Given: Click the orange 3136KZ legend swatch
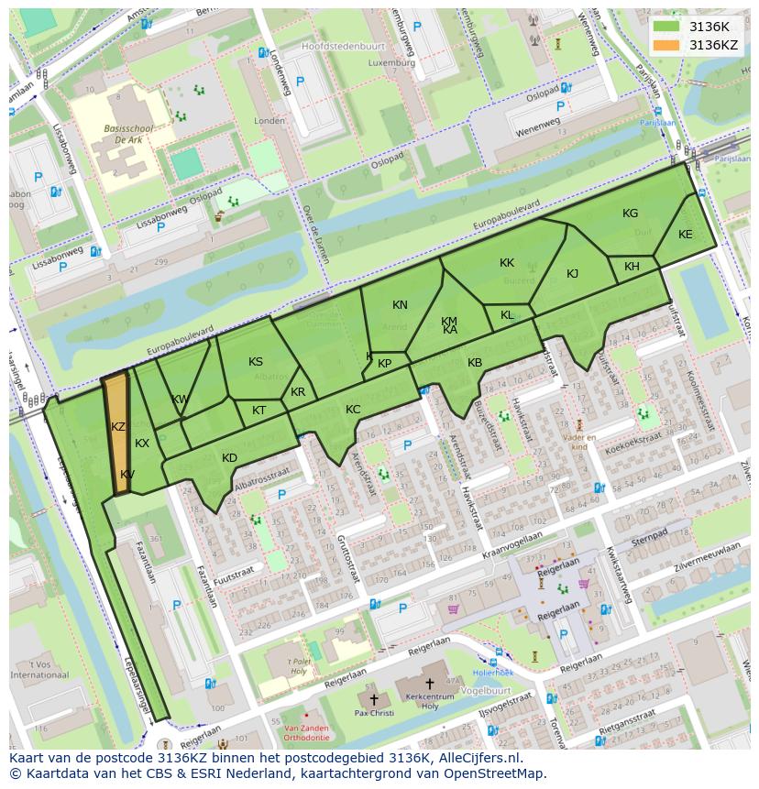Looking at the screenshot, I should coord(666,45).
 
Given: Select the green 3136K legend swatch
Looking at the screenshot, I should coord(666,27).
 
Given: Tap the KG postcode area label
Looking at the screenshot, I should coord(630,214).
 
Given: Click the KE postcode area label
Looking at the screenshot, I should coord(685,235).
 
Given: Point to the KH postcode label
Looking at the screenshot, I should coord(632,267).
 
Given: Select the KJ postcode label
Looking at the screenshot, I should coord(572,274).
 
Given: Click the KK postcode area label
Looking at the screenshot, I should coord(507,263).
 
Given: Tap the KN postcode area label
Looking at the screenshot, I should coord(400,305).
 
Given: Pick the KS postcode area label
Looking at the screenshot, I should coord(256,362).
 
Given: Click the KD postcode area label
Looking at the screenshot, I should coord(229,458).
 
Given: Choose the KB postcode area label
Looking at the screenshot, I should coord(475,363).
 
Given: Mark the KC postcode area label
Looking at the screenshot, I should coord(353,410).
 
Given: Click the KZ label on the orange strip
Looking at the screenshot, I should coord(118,427).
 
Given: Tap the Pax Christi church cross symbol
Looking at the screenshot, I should coord(374,699).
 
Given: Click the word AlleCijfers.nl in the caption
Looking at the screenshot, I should coord(476,758).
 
